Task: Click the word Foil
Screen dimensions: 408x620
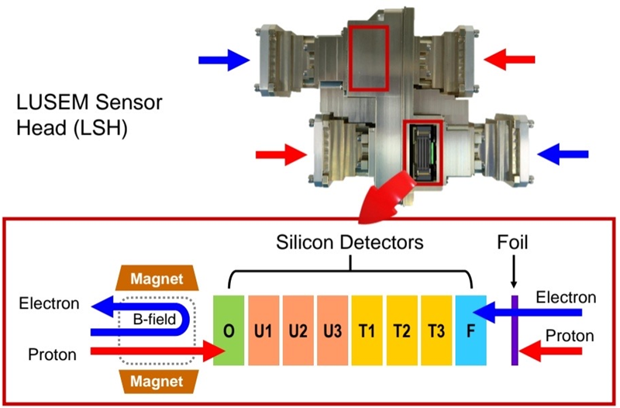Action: (x=513, y=243)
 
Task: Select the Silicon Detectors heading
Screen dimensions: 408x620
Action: (x=350, y=243)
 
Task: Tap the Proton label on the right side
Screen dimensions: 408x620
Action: (x=570, y=336)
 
